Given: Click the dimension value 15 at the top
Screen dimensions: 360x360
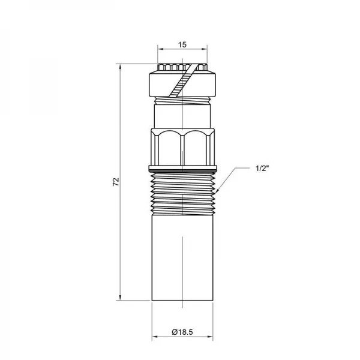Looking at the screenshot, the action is coord(182,45).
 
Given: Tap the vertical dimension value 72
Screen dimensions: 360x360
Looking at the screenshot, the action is coord(116,182).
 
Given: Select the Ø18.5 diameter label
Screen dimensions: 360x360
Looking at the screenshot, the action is coord(182,332).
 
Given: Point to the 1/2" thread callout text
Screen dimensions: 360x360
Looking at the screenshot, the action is coord(262,168).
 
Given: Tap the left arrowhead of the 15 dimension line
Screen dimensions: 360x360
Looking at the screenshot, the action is coord(160,49).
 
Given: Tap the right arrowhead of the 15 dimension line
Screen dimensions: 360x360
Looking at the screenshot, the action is coord(205,49).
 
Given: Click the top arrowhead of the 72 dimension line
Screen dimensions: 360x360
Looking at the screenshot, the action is coord(120,67).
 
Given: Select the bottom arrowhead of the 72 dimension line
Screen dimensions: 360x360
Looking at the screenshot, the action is coord(120,298).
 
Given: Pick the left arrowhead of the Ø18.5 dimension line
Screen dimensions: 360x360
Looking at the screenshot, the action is coord(155,337).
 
